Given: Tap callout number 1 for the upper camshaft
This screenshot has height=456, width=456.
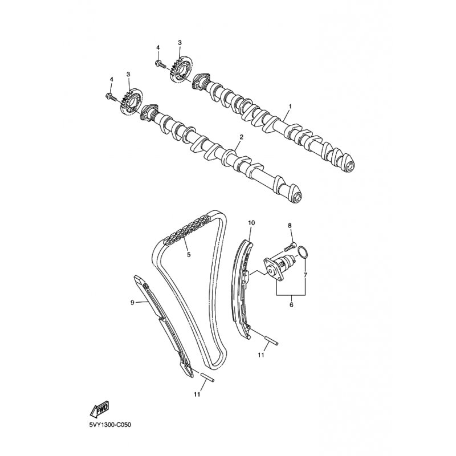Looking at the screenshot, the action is pos(290,107).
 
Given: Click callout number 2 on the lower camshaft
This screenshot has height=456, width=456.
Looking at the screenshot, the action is pos(241,136).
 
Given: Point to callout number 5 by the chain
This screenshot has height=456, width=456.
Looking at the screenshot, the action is pos(189,254).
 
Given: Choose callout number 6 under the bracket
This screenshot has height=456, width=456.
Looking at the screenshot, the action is pos(291,304).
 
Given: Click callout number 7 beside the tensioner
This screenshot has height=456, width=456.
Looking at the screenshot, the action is pos(306,274).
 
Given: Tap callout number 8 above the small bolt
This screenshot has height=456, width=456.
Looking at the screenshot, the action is pos(290,225).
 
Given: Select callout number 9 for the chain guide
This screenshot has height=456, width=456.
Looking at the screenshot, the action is pos(132,303).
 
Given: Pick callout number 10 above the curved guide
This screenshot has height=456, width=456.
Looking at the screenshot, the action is pos(251,223).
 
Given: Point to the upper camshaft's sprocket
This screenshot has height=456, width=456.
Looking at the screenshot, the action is pos(181,69).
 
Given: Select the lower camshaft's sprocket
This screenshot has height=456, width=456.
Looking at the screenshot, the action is pos(131,101).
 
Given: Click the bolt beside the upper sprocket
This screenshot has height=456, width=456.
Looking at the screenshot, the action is pos(160,64).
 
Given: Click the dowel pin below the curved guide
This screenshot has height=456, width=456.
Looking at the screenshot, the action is pos(272,341).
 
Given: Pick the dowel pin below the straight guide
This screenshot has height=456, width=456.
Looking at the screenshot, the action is pos(207,377).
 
